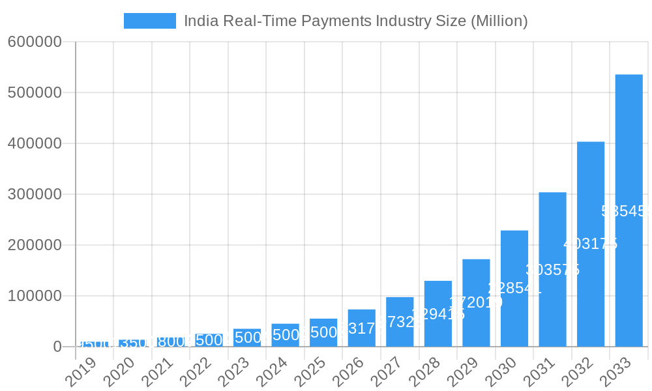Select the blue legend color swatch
click(150, 21)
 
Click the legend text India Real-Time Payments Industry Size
click(355, 21)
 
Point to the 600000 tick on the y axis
click(35, 42)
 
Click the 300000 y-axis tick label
click(35, 194)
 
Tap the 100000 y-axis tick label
click(35, 296)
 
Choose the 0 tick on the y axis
click(57, 347)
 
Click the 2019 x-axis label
click(81, 373)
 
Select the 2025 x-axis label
click(310, 373)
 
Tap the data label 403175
click(590, 244)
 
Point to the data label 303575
click(552, 270)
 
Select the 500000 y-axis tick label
click(35, 93)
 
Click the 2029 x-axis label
click(462, 373)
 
